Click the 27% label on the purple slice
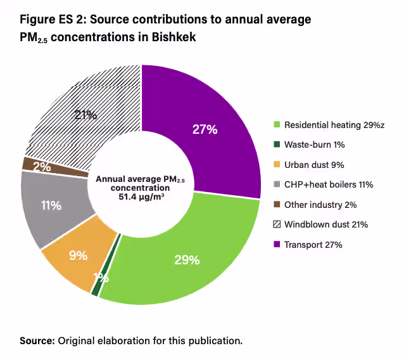205,129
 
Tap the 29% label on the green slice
187,260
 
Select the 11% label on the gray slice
51,205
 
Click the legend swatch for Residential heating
277,125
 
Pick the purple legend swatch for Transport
277,244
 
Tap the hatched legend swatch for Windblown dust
277,224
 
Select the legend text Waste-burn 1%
315,145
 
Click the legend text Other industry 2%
320,205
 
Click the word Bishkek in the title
172,38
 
